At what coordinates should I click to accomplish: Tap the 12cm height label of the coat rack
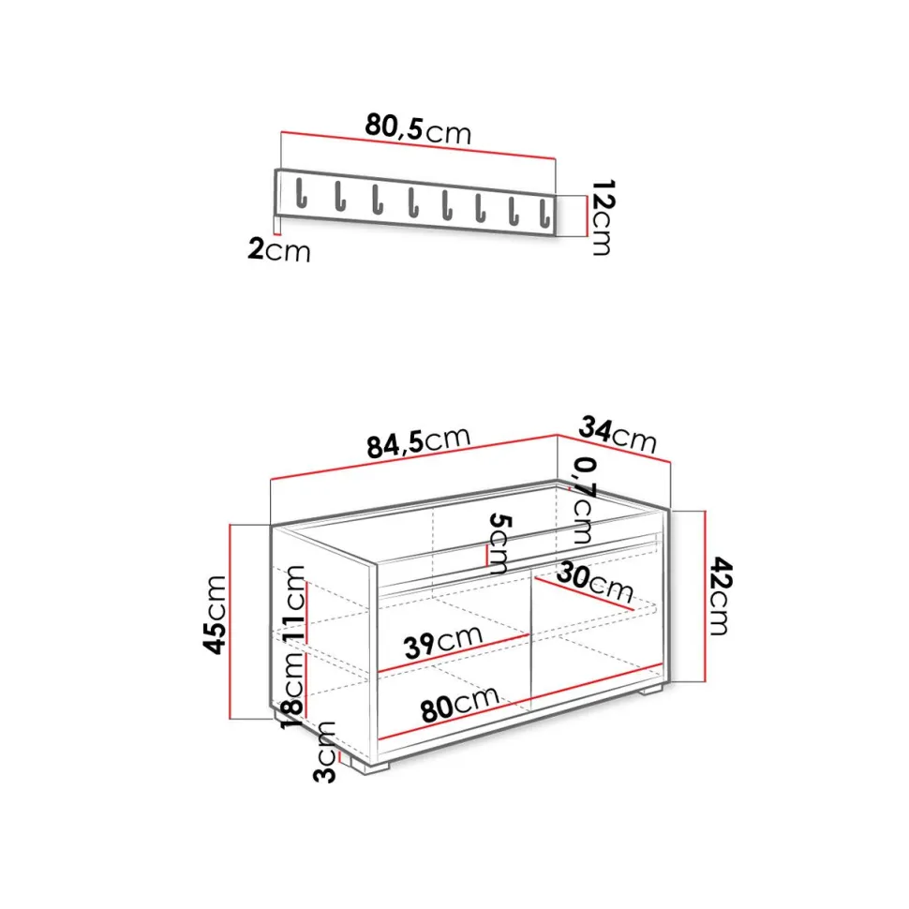tap(602, 217)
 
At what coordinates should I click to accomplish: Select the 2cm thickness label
tap(279, 250)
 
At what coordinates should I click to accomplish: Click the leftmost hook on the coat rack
tap(300, 193)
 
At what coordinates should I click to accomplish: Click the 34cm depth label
tap(618, 435)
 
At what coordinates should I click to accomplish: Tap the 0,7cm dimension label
tap(585, 499)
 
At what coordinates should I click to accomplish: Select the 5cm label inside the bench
tap(499, 544)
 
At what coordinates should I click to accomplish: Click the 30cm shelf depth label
tap(595, 583)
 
